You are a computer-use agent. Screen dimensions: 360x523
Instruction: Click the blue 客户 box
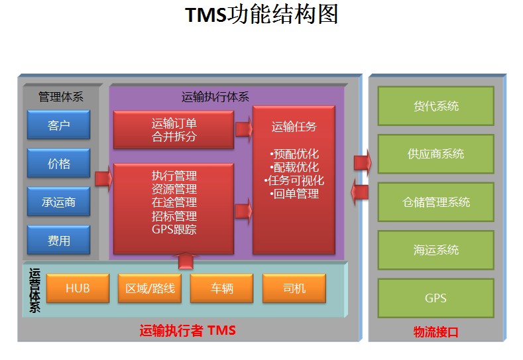[59, 125]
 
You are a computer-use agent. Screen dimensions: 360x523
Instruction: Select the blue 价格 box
[59, 163]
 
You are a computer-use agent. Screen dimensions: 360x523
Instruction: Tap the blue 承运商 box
[59, 202]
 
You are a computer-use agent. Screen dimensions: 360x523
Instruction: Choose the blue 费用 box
[59, 241]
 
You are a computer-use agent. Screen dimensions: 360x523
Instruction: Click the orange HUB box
[78, 289]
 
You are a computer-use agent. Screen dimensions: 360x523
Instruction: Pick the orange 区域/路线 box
[150, 289]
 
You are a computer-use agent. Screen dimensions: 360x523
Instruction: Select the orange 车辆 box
[222, 289]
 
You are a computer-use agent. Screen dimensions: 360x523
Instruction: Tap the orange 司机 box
[294, 289]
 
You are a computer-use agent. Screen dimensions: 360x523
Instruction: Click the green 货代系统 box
[436, 106]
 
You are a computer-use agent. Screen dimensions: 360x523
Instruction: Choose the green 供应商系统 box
[436, 154]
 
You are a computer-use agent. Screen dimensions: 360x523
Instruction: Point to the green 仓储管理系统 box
[436, 202]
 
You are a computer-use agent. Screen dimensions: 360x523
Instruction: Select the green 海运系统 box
[436, 250]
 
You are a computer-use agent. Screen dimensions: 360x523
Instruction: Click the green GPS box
[436, 298]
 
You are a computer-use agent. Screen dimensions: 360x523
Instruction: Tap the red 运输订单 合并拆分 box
[174, 130]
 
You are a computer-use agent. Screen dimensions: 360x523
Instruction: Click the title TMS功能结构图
[261, 15]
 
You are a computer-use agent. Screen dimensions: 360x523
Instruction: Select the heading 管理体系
[61, 97]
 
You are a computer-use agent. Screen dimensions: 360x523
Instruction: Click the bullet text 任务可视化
[294, 180]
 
